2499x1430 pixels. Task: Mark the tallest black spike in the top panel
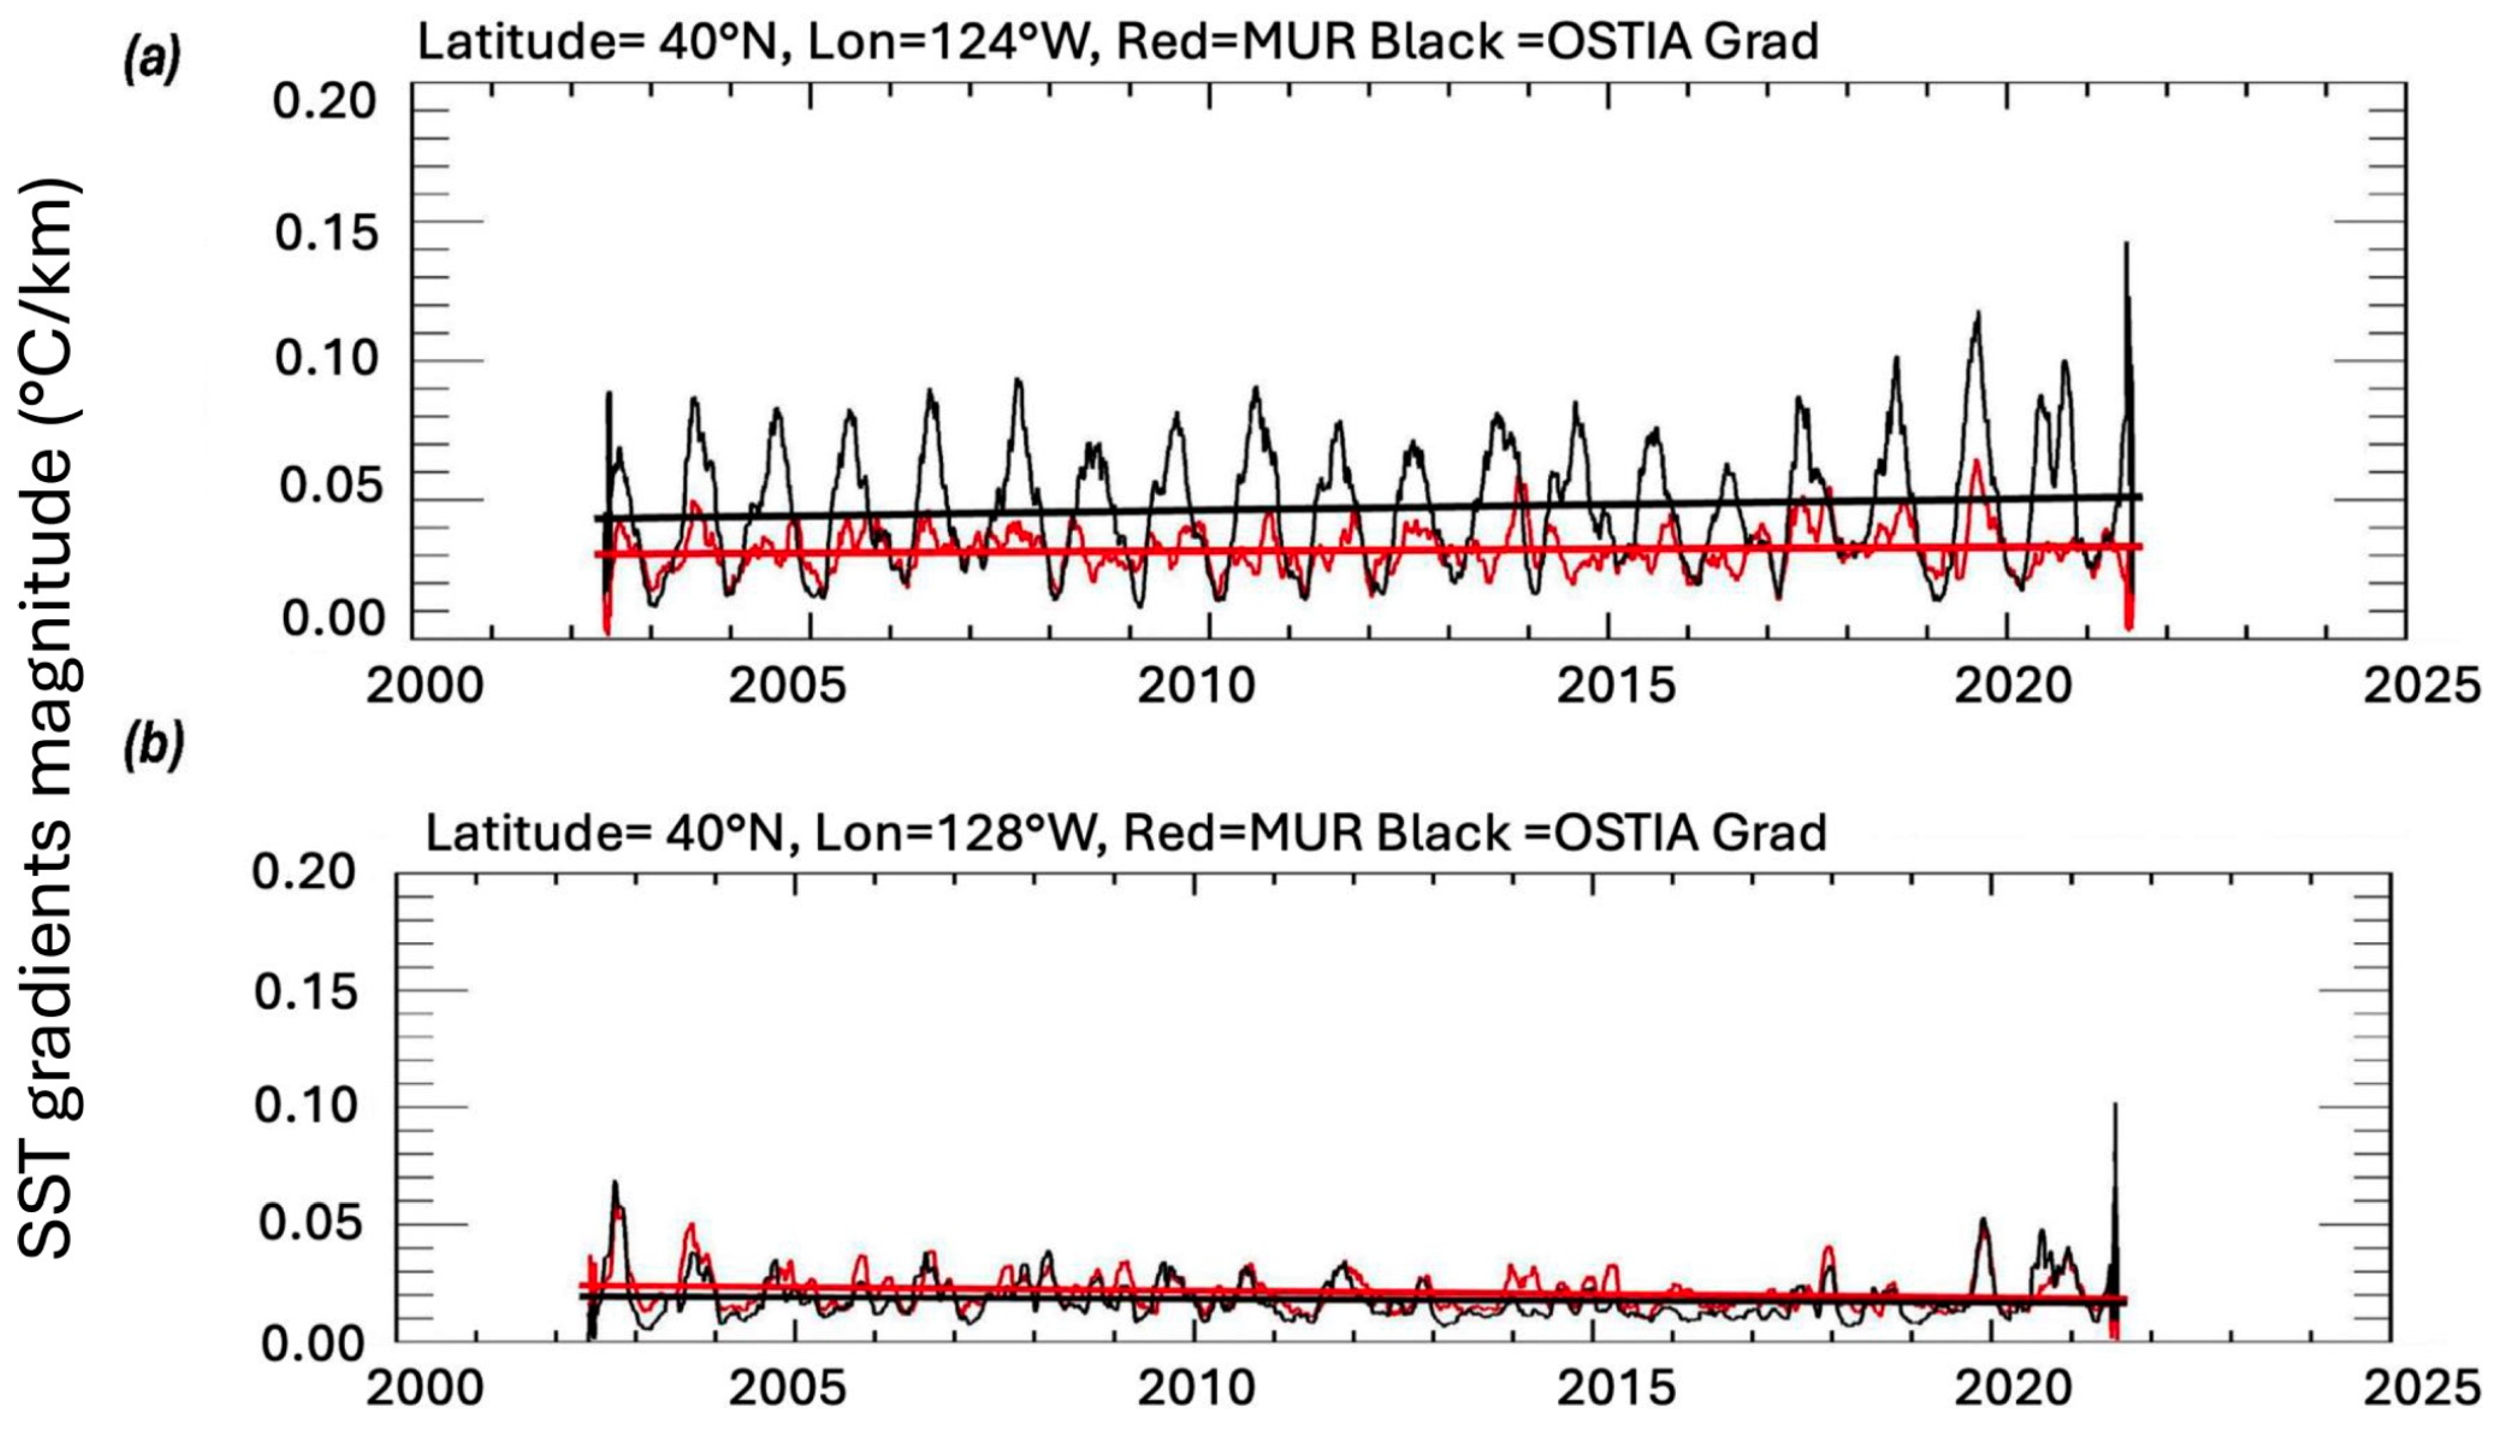2126,245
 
